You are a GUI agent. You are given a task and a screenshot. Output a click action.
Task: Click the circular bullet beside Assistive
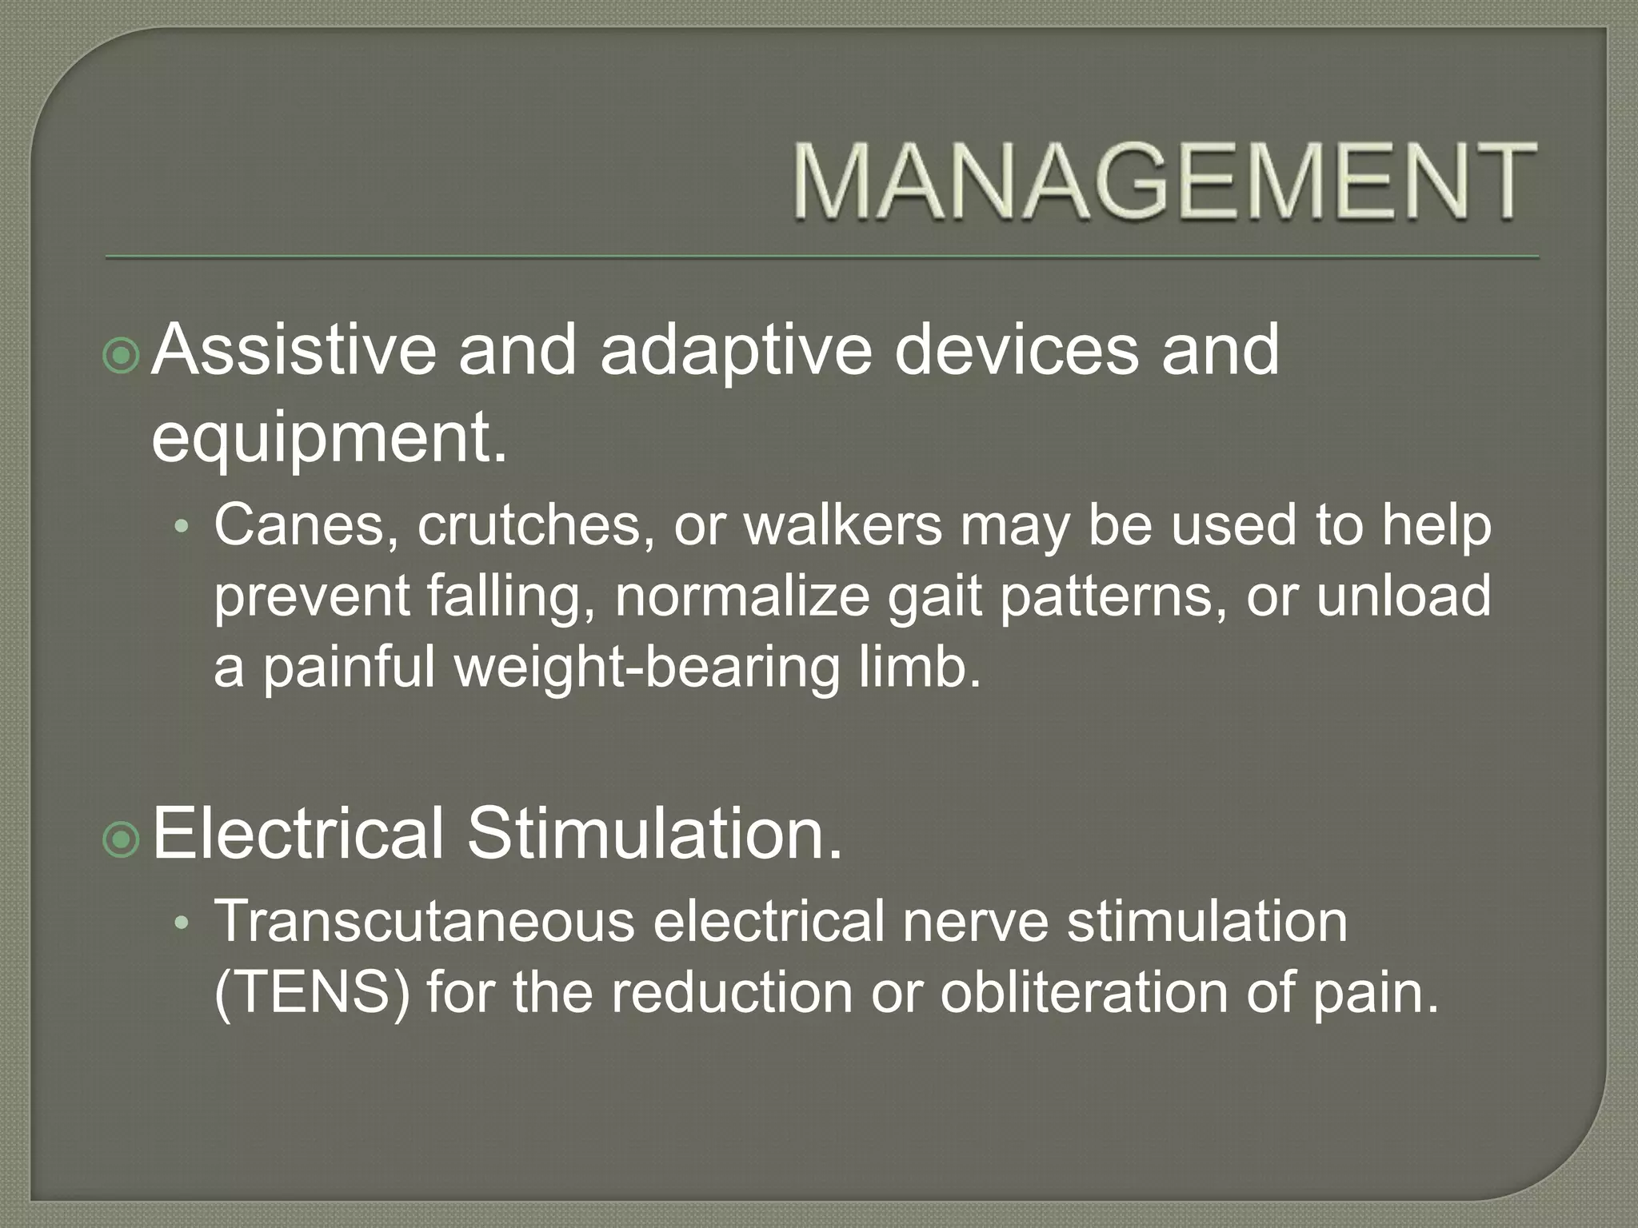[x=122, y=357]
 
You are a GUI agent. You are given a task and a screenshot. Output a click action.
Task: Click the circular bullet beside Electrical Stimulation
[x=122, y=839]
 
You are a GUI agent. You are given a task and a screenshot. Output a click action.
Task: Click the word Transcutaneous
[x=424, y=922]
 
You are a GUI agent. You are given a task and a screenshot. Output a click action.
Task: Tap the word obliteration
[x=1083, y=992]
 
